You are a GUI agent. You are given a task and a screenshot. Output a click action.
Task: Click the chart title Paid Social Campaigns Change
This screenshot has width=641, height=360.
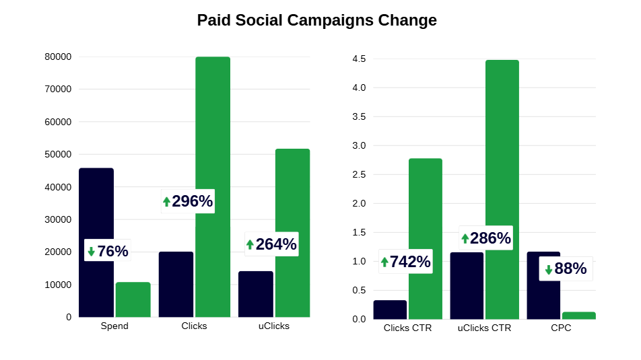[316, 20]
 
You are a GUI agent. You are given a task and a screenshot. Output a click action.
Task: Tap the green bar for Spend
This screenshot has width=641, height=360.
[133, 299]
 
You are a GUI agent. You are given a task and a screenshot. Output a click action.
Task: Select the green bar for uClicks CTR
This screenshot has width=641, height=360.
[502, 189]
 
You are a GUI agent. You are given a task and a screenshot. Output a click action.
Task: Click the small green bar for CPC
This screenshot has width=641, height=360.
[579, 315]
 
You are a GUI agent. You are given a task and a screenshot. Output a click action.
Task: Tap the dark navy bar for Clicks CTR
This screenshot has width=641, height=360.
[390, 310]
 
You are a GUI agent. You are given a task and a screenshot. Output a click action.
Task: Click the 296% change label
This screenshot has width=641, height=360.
[192, 201]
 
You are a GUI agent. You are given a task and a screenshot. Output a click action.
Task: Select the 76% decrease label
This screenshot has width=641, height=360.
[112, 252]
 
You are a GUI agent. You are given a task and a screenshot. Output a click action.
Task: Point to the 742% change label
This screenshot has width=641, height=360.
[410, 262]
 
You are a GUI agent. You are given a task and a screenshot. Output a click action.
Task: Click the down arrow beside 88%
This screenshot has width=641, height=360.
[549, 269]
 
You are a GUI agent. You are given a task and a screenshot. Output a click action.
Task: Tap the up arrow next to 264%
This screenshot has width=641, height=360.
[250, 244]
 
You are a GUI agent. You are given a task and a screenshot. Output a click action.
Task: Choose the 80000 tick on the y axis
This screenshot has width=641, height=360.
[58, 57]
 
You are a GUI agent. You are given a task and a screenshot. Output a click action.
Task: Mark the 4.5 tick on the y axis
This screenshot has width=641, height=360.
[359, 59]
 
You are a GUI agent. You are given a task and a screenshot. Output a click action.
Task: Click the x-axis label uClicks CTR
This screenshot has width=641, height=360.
[484, 328]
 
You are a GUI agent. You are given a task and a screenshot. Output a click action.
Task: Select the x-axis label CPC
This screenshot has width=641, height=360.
[561, 328]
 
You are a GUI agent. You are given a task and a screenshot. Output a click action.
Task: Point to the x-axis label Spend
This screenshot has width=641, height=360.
[114, 326]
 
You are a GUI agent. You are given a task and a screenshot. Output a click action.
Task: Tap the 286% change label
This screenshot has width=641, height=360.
[490, 238]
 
